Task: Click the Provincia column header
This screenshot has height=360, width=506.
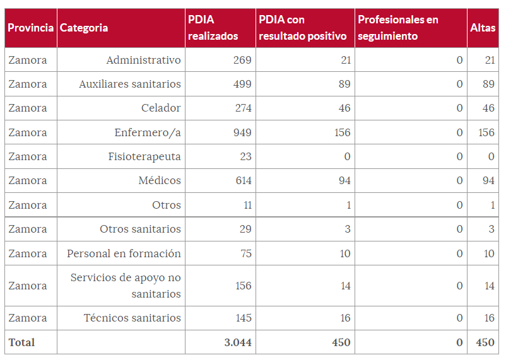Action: point(30,28)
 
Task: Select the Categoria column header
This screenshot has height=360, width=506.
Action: point(84,28)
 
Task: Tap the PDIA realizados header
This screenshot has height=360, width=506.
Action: point(213,28)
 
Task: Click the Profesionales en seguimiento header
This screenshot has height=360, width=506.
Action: point(398,28)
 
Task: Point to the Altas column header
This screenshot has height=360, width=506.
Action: point(483,28)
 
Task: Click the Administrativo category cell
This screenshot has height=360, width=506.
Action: point(143,60)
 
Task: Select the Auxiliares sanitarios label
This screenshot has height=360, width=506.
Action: point(130,84)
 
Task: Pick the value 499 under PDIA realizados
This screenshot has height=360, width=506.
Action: point(243,84)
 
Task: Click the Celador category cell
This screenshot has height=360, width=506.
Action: point(161,108)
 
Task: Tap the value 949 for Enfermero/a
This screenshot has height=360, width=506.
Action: point(243,132)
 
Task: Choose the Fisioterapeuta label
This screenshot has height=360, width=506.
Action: point(144,156)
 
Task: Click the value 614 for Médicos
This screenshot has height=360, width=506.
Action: point(243,180)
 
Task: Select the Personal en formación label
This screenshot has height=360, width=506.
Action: point(124,253)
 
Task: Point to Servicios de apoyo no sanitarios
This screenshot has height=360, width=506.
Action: point(126,286)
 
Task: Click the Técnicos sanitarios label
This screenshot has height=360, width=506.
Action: point(132,318)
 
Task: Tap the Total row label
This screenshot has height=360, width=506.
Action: point(21,342)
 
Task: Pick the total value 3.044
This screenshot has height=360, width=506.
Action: point(238,342)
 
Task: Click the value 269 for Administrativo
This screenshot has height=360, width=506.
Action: point(243,60)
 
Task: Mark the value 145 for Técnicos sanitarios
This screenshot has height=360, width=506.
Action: point(243,318)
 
